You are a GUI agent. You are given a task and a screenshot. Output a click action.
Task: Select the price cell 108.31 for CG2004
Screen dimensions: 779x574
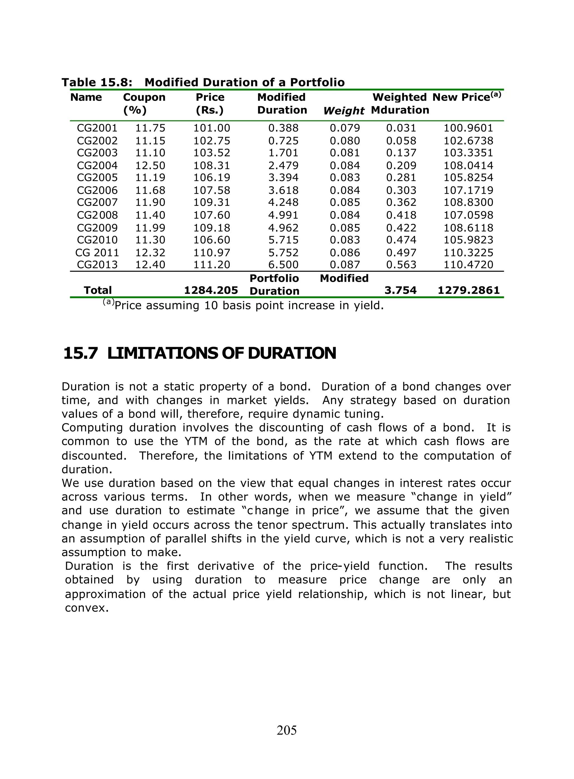[x=212, y=165]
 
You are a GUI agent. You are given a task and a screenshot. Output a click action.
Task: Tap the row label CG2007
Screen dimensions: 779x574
[x=97, y=202]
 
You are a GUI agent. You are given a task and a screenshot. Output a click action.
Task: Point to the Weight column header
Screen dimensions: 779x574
[x=344, y=111]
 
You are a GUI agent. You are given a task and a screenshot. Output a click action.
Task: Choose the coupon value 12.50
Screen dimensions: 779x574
[x=150, y=165]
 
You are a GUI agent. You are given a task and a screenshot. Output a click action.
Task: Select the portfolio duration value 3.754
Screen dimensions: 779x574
[x=400, y=290]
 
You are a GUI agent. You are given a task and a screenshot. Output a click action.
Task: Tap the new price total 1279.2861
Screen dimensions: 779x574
[x=468, y=290]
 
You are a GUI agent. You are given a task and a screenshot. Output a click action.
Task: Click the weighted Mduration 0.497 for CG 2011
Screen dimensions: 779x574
[x=401, y=253]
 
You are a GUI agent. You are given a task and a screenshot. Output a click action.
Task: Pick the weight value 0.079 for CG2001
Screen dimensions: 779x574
[x=345, y=128]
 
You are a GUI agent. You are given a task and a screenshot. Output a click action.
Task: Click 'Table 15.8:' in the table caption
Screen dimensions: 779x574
[x=97, y=82]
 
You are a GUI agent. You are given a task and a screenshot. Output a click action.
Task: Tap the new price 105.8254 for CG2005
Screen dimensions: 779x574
[x=468, y=177]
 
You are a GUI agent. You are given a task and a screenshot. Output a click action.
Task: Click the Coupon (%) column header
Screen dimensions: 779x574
[x=144, y=103]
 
